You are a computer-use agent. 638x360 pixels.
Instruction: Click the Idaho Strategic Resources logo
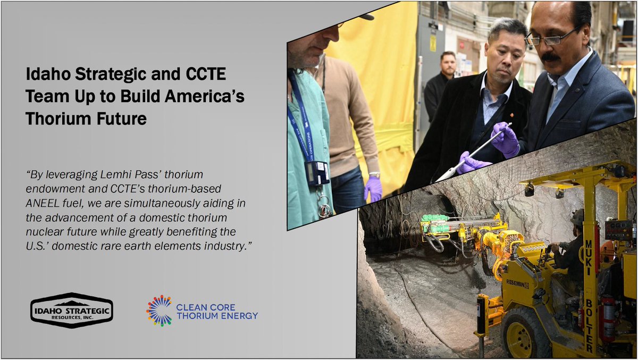71,310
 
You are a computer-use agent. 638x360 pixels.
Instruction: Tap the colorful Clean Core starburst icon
159,311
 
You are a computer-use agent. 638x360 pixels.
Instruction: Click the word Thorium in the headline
53,119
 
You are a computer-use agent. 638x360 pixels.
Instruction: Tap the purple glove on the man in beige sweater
373,188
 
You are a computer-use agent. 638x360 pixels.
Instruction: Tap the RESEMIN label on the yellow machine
517,284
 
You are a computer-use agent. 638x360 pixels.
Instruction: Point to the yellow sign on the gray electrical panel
433,43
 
